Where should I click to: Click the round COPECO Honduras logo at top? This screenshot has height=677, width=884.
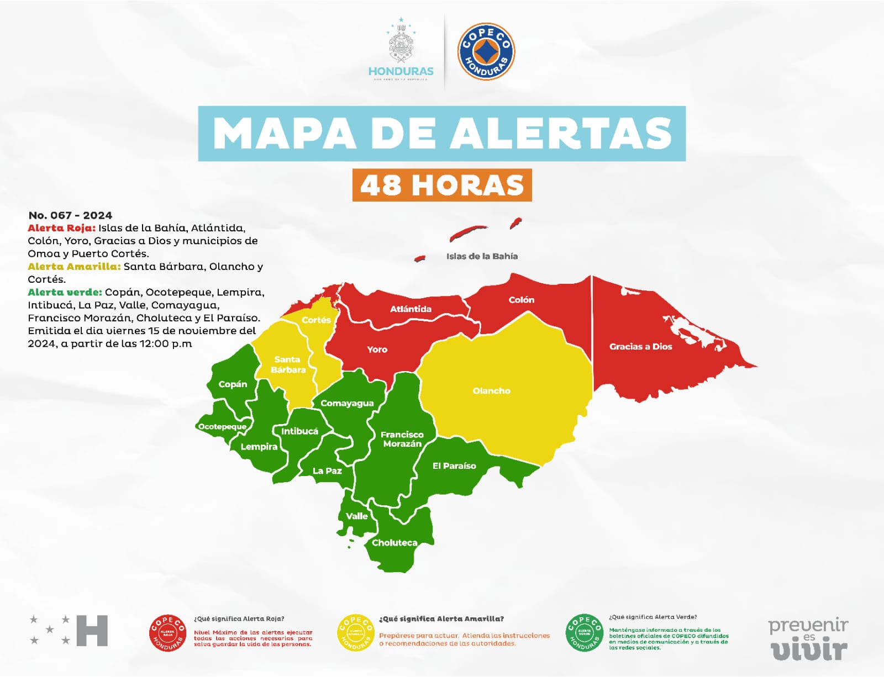[486, 51]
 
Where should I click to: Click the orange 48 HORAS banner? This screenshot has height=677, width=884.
[442, 185]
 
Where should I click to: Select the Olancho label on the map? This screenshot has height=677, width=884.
[491, 391]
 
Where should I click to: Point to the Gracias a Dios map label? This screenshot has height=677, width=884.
[640, 347]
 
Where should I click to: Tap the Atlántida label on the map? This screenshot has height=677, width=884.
[411, 309]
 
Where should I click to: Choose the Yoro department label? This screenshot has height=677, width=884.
[377, 350]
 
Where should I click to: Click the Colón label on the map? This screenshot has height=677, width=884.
[521, 300]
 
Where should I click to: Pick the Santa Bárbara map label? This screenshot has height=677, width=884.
[288, 364]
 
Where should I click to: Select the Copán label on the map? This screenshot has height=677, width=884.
[233, 384]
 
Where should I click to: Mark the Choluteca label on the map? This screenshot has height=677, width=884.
[394, 543]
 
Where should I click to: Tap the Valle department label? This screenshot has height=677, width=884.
[356, 516]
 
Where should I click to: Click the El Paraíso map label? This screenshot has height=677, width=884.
[454, 466]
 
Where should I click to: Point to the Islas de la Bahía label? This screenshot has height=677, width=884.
[482, 256]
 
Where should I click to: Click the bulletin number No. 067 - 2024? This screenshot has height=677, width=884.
[70, 215]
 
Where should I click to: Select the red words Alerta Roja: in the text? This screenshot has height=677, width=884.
[61, 228]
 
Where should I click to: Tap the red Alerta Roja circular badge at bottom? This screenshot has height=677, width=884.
[167, 633]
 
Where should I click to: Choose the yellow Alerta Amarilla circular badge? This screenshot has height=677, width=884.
[355, 633]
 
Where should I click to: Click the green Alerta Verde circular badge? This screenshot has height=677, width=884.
[584, 633]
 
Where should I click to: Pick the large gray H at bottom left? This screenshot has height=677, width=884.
[92, 631]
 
